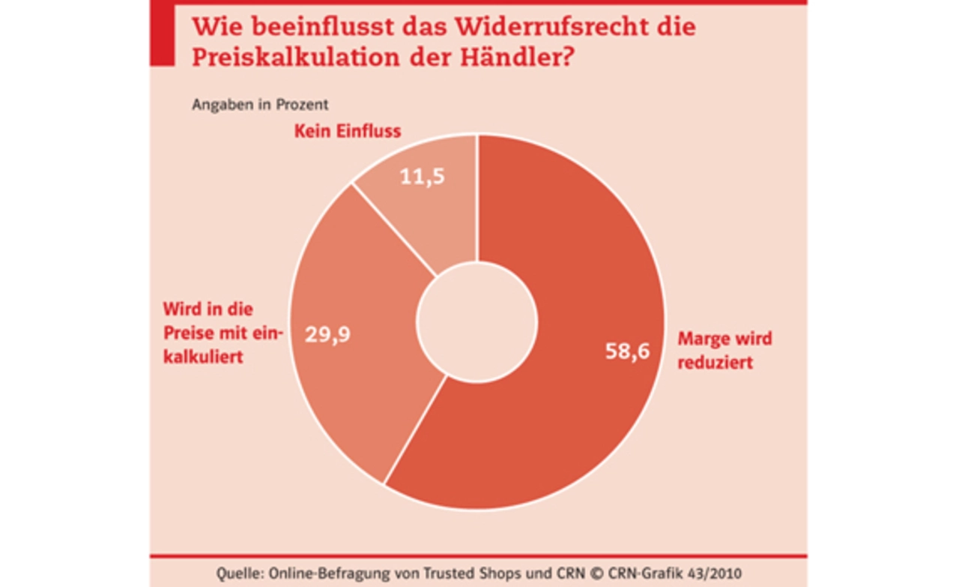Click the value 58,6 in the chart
tap(627, 351)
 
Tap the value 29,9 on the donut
tap(327, 334)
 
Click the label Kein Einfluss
tap(347, 132)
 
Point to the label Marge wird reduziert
tap(724, 350)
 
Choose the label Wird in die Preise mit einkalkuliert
tap(220, 333)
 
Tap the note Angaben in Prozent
tap(260, 105)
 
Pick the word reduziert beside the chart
tap(715, 364)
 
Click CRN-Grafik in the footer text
tap(650, 574)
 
